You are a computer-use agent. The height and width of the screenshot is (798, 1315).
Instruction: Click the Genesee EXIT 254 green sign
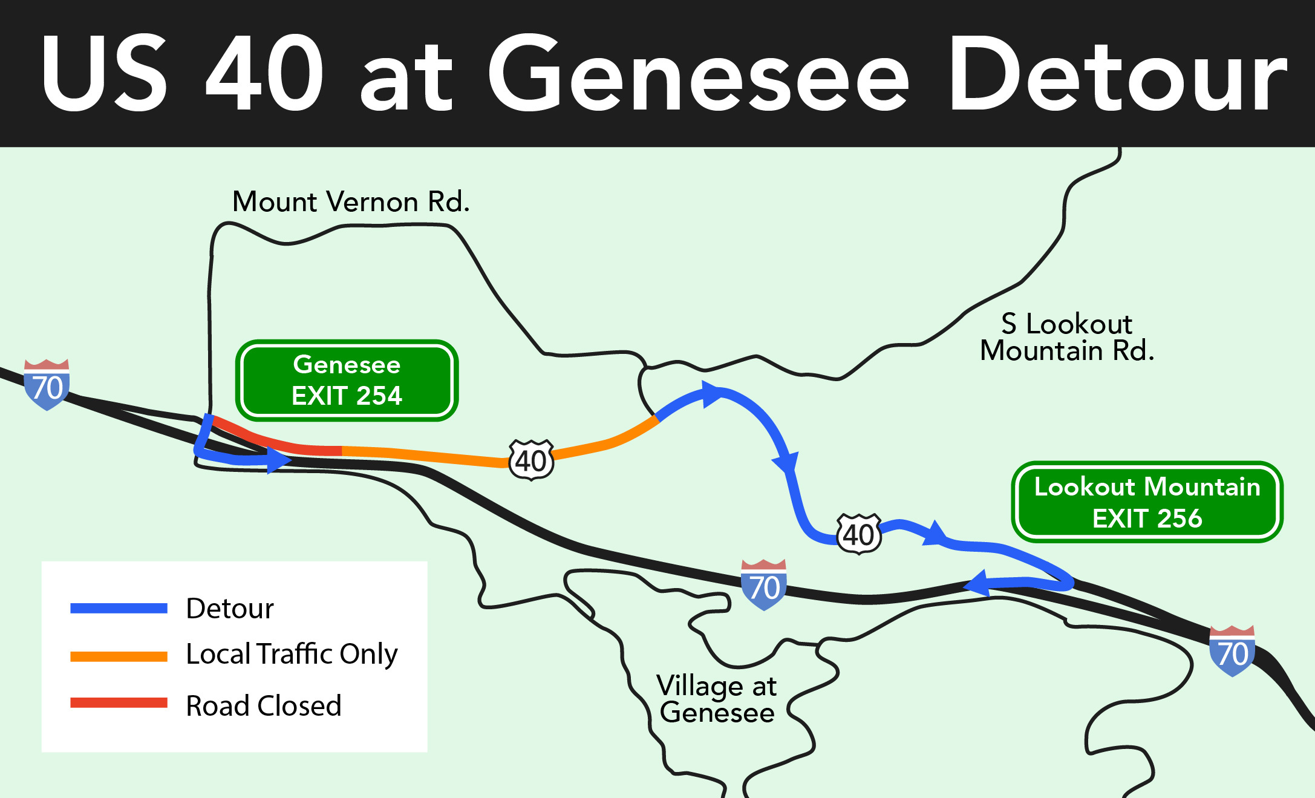point(347,381)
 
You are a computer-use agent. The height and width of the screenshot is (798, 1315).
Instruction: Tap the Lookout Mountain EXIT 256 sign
point(1147,502)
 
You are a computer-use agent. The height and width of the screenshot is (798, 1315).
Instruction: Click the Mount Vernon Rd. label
point(351,201)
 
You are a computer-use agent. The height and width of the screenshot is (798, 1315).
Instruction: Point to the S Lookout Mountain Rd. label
point(1067,338)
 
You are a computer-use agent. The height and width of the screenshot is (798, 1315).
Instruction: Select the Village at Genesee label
point(717,699)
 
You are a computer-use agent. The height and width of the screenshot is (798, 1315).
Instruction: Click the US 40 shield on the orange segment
point(531,460)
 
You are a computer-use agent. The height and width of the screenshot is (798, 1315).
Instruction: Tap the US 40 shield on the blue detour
point(858,534)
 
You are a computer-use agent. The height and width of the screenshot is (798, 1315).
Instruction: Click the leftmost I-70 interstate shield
point(47,385)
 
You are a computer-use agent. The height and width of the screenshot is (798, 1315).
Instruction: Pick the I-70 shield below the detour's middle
point(763,585)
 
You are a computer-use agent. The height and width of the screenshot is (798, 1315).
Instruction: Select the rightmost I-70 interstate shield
point(1232,652)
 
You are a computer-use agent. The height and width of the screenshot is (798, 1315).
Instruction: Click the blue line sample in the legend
point(119,609)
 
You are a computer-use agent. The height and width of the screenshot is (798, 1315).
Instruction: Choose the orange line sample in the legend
point(119,656)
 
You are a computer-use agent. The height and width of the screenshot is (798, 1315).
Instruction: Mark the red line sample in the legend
point(119,703)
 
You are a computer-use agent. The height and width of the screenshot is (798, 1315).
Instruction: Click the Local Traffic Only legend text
point(292,654)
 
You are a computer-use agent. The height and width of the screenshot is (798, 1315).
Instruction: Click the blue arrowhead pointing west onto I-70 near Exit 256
point(977,584)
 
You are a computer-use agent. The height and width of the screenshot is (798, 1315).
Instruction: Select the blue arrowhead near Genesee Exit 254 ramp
point(279,460)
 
